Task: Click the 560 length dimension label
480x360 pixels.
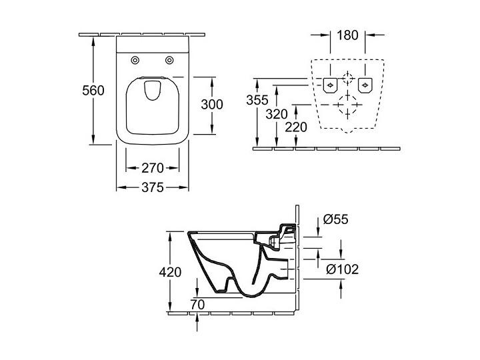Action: click(x=93, y=91)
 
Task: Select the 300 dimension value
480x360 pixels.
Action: click(x=212, y=105)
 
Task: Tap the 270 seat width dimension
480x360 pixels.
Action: click(x=153, y=168)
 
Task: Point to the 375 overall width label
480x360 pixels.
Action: click(x=153, y=187)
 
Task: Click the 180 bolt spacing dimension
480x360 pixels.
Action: click(x=347, y=35)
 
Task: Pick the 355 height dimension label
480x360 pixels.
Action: click(x=257, y=100)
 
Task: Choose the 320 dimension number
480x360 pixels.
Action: click(x=277, y=115)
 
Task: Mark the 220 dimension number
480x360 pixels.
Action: click(x=296, y=127)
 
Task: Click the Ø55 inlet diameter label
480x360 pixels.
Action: click(x=336, y=219)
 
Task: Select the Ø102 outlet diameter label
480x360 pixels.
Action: click(x=342, y=269)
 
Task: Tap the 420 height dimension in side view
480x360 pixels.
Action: click(x=170, y=272)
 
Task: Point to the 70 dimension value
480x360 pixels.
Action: click(x=197, y=305)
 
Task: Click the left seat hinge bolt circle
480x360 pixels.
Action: click(x=135, y=60)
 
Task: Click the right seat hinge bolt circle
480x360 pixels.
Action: click(x=169, y=60)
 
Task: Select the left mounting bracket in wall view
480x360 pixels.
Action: click(x=330, y=85)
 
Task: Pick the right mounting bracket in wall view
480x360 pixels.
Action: click(x=365, y=85)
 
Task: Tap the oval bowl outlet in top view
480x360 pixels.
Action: click(x=152, y=90)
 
